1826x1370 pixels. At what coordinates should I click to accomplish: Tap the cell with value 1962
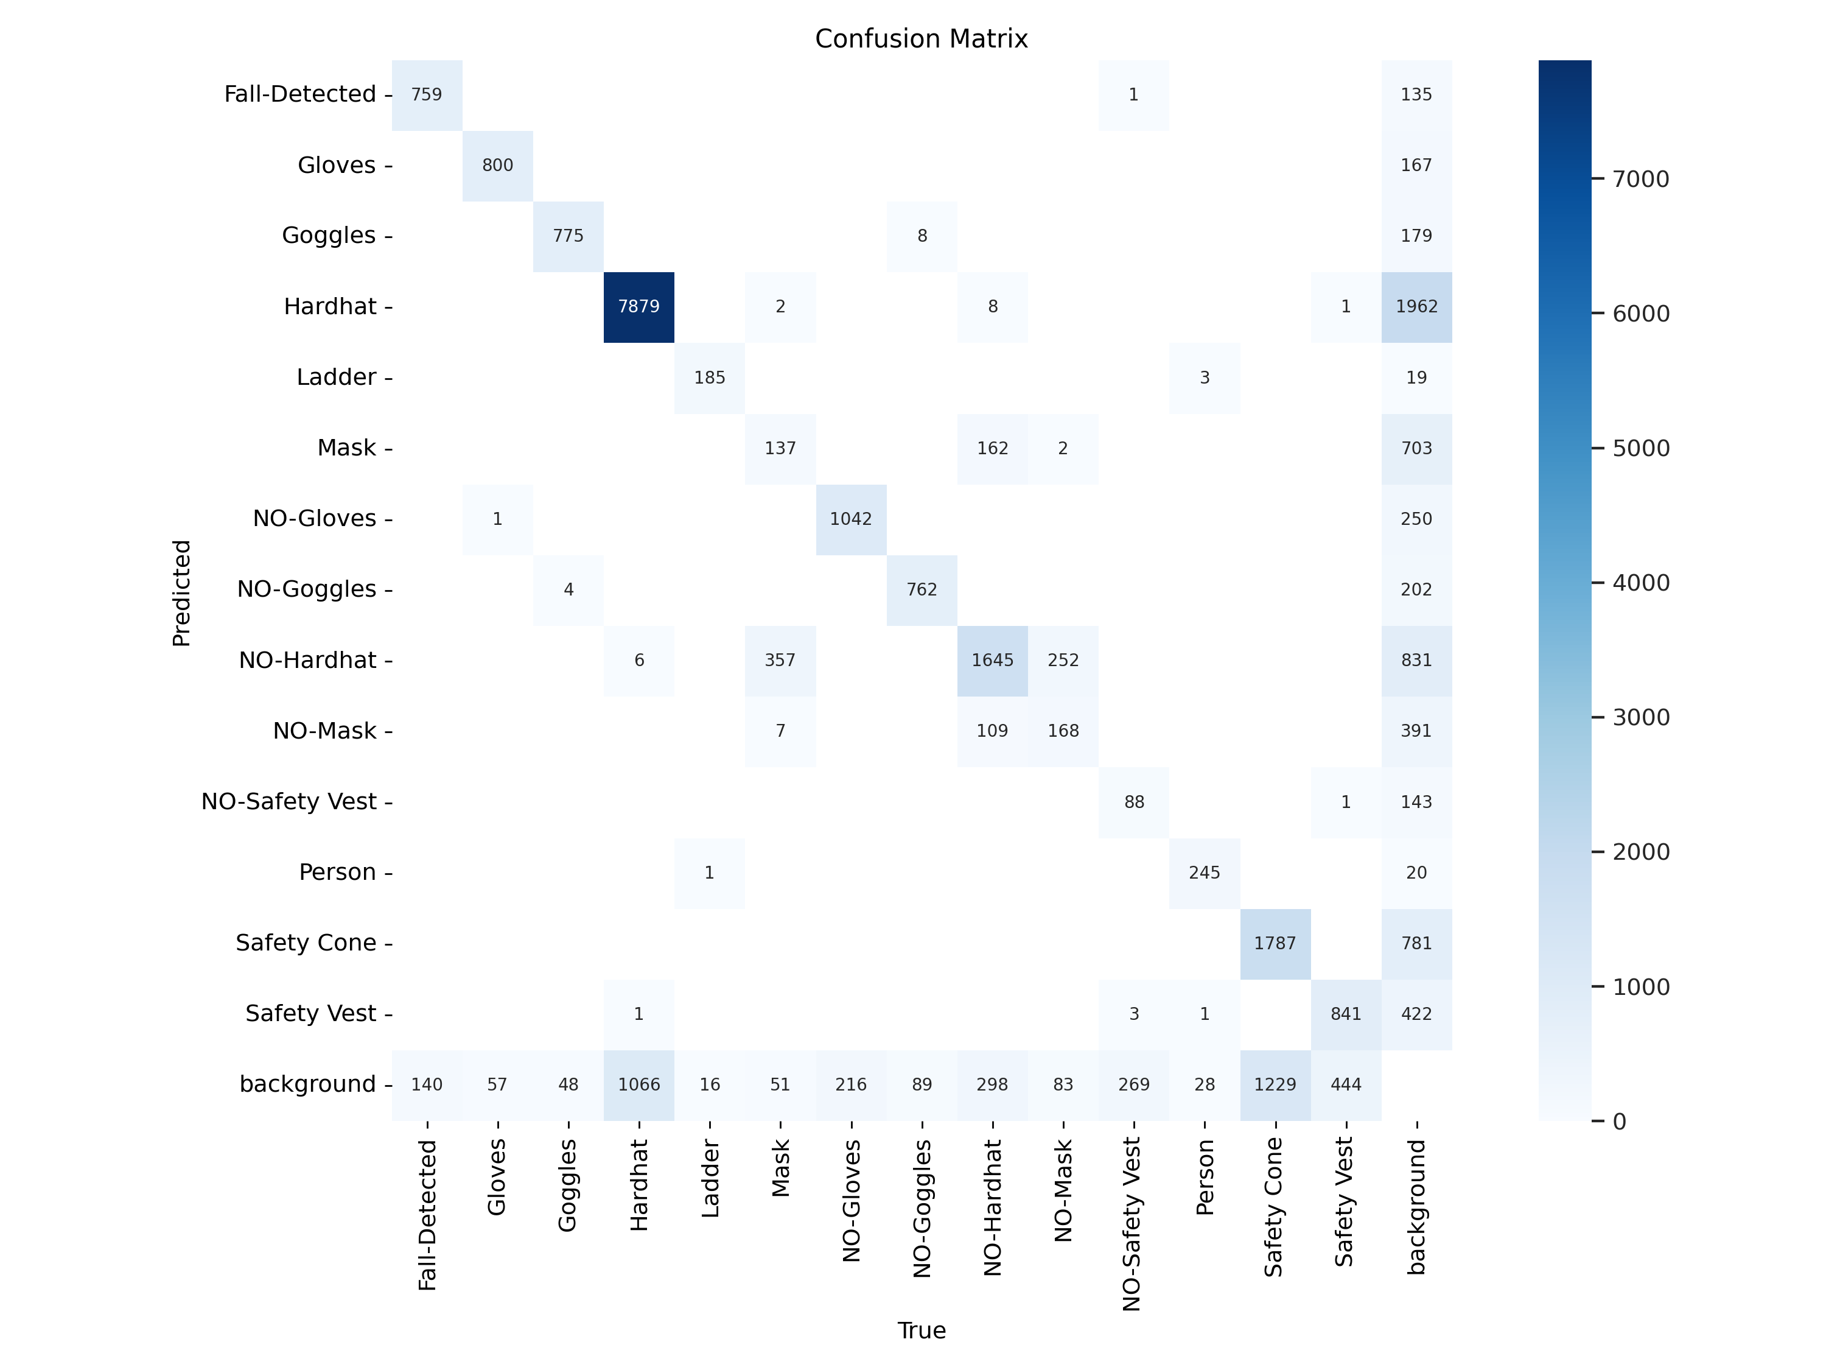[x=1416, y=306]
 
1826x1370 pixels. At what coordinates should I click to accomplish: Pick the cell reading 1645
[x=992, y=660]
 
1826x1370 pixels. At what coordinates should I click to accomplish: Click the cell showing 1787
[x=1275, y=943]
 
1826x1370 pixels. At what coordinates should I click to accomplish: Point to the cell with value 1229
[x=1275, y=1084]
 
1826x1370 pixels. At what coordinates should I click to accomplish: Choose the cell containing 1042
[x=850, y=519]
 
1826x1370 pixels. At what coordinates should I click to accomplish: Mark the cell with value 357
[x=780, y=660]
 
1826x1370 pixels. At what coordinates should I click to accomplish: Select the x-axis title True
[x=922, y=1330]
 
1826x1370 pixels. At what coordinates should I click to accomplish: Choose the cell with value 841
[x=1346, y=1014]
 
